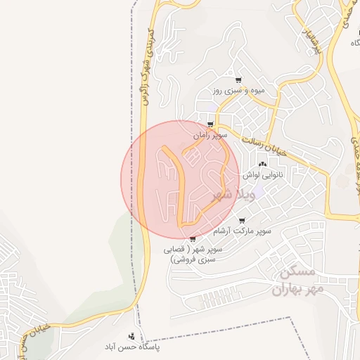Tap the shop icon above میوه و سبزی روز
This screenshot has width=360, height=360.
pos(238,80)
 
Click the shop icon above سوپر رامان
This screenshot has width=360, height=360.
pos(210,124)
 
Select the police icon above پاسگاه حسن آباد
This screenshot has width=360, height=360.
pos(131,337)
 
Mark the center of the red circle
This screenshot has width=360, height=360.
pos(180,180)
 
